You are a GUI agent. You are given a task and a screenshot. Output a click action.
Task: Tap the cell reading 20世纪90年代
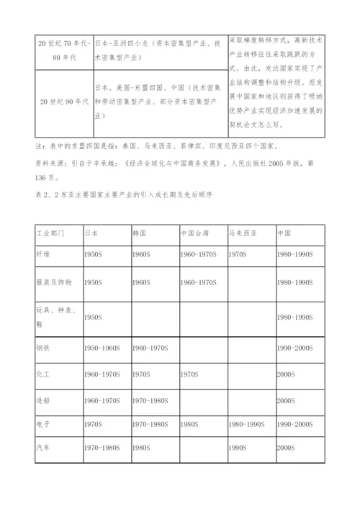tap(63, 101)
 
